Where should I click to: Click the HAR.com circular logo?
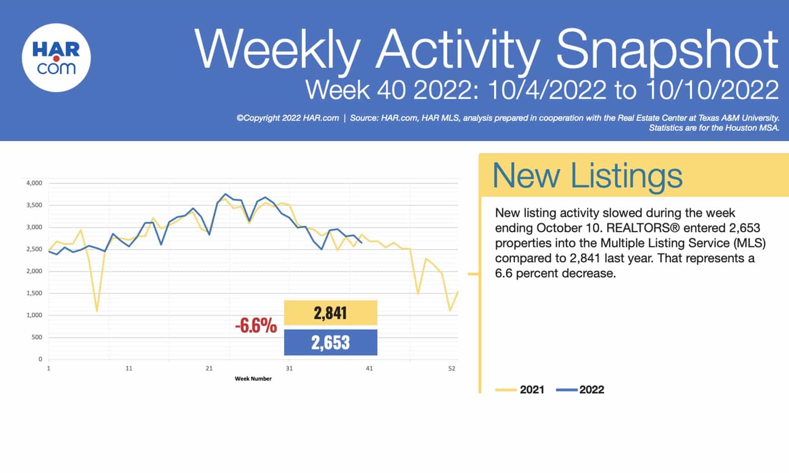tap(56, 58)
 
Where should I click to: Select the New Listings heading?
tap(587, 175)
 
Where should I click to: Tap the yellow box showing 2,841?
tap(330, 313)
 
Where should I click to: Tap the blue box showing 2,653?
tap(330, 342)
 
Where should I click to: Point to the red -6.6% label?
tap(256, 325)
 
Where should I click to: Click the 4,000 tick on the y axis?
tap(34, 183)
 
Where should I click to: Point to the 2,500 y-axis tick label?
tap(34, 249)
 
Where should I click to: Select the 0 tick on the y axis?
tap(40, 359)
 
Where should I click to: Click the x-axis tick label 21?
tap(209, 368)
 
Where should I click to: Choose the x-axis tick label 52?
tap(451, 368)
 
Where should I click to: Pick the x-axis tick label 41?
tap(369, 368)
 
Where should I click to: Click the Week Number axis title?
tap(253, 379)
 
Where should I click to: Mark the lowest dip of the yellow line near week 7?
tap(97, 311)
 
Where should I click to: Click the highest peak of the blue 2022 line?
tap(225, 194)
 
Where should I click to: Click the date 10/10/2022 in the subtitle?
tap(711, 90)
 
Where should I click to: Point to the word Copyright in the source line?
tap(261, 118)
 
